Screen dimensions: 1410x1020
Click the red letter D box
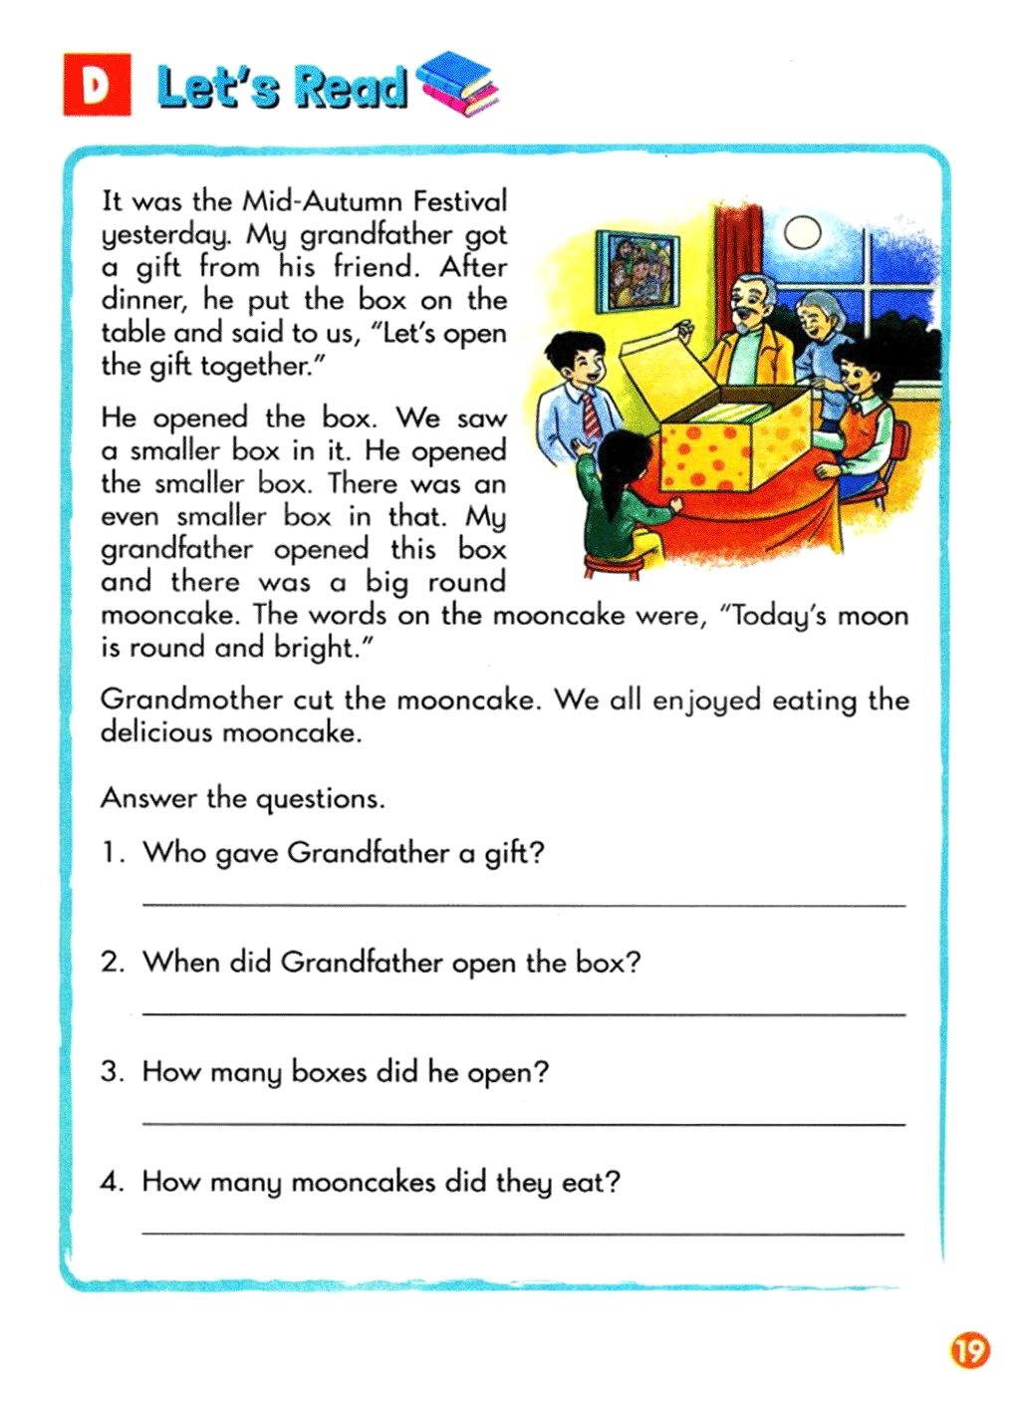click(97, 85)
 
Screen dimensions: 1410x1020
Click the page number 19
click(968, 1350)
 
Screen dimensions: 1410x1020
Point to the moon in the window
click(802, 233)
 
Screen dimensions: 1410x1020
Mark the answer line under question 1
click(524, 905)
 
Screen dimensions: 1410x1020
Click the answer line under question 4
click(524, 1234)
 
